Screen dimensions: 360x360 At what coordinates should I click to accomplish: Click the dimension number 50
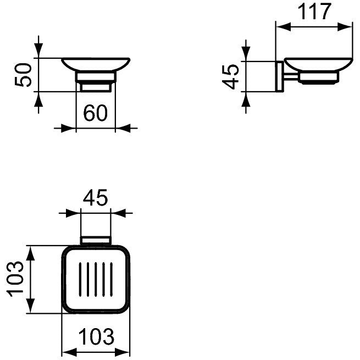[23, 75]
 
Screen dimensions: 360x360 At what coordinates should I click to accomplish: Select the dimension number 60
[95, 113]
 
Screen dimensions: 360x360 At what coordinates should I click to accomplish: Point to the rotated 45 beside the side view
[231, 77]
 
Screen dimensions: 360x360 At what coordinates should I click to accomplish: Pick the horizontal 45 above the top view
[95, 197]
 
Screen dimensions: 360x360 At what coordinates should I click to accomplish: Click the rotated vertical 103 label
[15, 279]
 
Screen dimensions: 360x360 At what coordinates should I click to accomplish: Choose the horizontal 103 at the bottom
[96, 336]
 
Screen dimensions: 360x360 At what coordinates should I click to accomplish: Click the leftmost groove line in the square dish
[80, 279]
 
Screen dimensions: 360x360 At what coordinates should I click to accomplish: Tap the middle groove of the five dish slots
[96, 279]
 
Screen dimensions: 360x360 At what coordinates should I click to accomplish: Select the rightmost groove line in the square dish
[112, 279]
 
